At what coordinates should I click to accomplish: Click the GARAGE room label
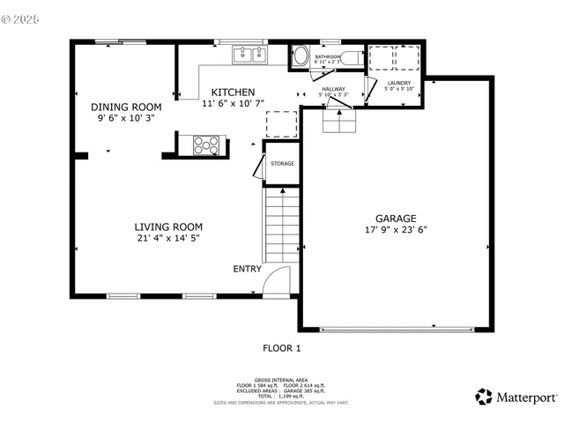[396, 219]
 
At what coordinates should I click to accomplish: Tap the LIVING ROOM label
[168, 226]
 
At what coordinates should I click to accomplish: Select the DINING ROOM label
[127, 107]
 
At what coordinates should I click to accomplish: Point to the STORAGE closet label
[282, 164]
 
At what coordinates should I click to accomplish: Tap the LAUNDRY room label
[398, 83]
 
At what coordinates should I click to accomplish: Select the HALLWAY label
[333, 88]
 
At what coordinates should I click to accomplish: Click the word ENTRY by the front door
[247, 269]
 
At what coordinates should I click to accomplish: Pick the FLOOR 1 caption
[282, 348]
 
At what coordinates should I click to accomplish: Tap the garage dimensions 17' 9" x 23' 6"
[396, 230]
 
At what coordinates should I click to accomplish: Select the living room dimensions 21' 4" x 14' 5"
[168, 237]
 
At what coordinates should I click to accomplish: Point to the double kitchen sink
[250, 56]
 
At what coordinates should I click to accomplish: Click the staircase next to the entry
[282, 226]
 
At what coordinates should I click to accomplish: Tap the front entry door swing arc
[277, 281]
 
